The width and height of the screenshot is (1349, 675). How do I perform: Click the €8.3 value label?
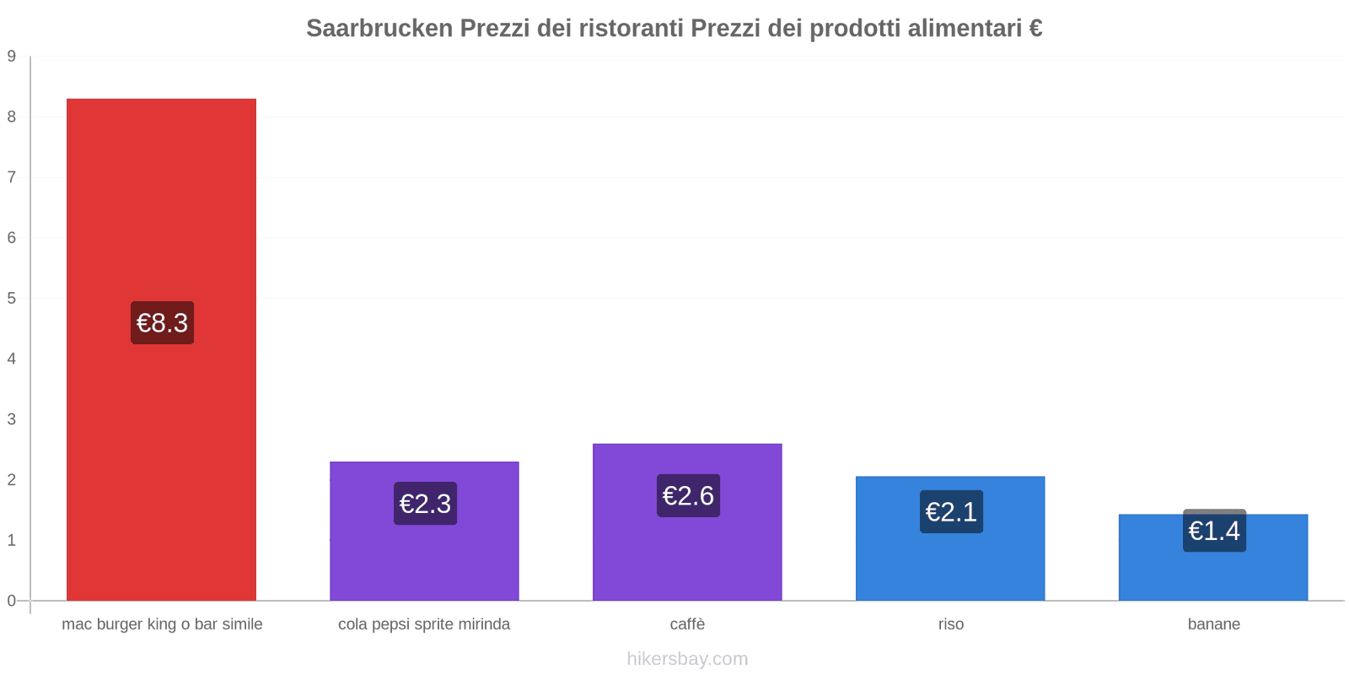click(x=162, y=322)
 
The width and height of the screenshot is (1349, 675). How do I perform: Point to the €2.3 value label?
click(x=425, y=503)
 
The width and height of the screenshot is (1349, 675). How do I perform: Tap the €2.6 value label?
click(x=688, y=495)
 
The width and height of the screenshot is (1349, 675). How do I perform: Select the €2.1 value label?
click(x=951, y=511)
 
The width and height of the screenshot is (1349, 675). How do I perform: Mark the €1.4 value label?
click(x=1214, y=531)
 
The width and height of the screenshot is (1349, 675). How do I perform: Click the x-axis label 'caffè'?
click(x=687, y=624)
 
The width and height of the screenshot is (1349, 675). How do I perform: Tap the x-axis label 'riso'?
click(x=951, y=624)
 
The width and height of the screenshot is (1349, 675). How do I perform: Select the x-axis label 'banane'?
click(x=1213, y=624)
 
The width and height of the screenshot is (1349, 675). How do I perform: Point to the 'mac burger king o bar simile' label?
click(x=162, y=624)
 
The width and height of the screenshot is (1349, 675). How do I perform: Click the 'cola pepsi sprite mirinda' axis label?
click(x=424, y=624)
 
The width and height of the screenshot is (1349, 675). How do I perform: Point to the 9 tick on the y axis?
click(x=12, y=57)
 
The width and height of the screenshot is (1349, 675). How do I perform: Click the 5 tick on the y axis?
click(x=12, y=299)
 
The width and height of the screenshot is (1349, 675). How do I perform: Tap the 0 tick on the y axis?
click(x=12, y=601)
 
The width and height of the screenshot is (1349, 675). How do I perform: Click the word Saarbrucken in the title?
click(x=379, y=29)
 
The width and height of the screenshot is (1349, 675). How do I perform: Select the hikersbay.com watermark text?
click(x=687, y=659)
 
